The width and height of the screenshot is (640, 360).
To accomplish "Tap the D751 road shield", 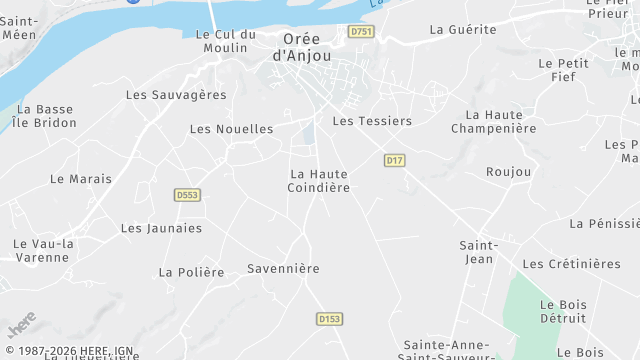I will (361, 32).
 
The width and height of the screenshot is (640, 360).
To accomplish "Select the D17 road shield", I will (394, 160).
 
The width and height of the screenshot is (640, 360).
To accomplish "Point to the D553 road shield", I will (186, 195).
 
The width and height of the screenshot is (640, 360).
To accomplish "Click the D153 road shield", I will (329, 319).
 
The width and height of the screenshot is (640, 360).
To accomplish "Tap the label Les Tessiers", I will (372, 121).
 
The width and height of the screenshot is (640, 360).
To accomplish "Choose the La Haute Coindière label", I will (319, 181).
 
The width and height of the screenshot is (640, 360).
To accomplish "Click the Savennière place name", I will (283, 269).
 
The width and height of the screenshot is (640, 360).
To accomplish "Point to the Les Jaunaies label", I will (161, 228).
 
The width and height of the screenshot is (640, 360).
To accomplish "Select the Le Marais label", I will (81, 179).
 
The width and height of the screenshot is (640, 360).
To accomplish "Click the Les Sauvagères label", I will (176, 95).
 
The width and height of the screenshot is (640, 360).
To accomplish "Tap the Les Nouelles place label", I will (231, 129).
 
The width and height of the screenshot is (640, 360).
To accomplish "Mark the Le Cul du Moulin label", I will (226, 41).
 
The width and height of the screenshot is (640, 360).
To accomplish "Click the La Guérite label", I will (463, 29).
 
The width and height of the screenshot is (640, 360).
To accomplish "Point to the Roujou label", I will (509, 172).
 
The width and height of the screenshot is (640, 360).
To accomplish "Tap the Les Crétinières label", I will (571, 264).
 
